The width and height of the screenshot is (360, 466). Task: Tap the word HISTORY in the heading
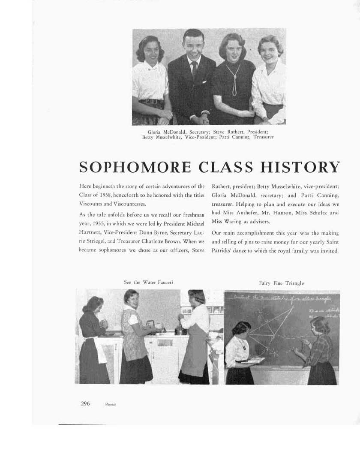(299, 167)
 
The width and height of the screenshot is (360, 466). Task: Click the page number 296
(85, 403)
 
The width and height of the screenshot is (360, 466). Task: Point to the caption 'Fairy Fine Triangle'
(282, 283)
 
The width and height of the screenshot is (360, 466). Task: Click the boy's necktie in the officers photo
(195, 69)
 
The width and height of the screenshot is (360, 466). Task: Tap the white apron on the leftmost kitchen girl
(101, 350)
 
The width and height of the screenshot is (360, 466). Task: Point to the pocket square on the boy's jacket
(204, 81)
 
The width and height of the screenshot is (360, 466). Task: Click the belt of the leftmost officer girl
(150, 102)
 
